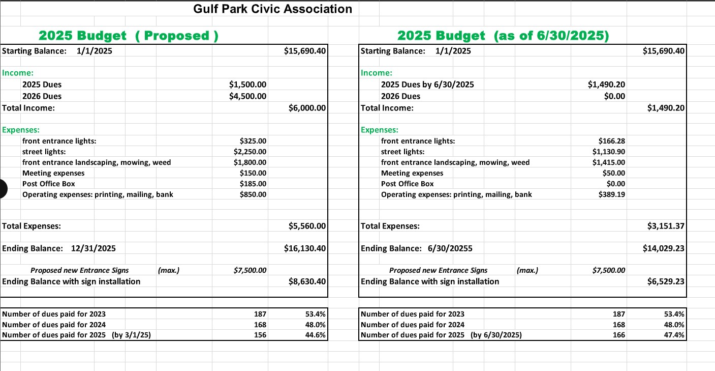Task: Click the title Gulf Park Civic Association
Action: click(x=272, y=9)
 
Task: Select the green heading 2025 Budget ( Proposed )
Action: click(x=129, y=36)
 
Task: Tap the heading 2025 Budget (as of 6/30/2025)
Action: click(x=503, y=36)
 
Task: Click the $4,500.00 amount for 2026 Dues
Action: click(x=248, y=96)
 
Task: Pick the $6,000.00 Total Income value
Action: click(x=307, y=108)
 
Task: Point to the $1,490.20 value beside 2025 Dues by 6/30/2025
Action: click(x=606, y=84)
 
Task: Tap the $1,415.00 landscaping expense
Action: click(x=609, y=162)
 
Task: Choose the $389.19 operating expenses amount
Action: click(x=612, y=194)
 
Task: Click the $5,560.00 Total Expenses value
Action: click(x=307, y=226)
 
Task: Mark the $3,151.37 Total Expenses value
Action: click(x=666, y=226)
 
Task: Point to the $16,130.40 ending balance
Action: click(x=305, y=248)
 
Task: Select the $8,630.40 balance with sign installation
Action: click(x=307, y=281)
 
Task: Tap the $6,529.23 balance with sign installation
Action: click(x=666, y=281)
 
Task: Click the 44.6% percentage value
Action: click(x=316, y=335)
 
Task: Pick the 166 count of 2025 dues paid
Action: click(x=619, y=335)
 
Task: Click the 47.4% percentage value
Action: click(x=674, y=335)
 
